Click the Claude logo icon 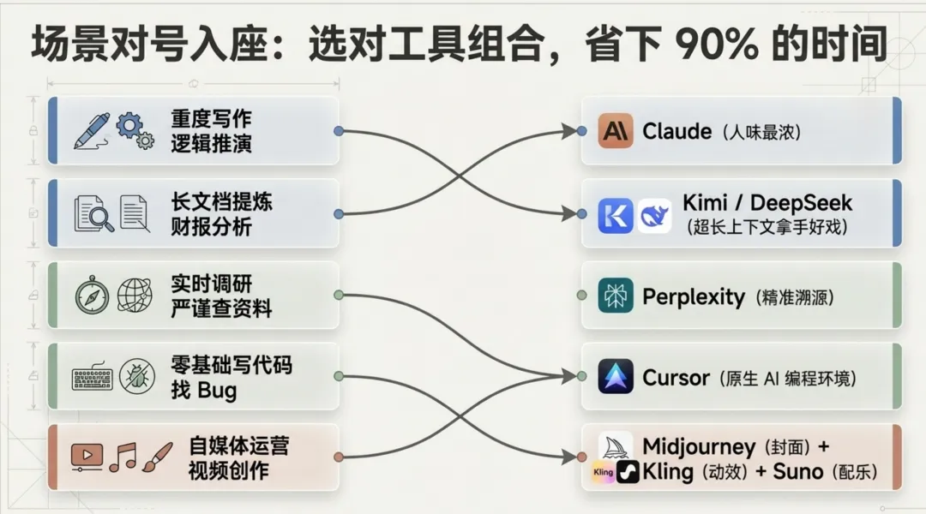point(616,131)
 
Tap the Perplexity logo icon point(616,296)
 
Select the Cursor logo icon point(616,377)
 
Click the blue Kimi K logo point(615,215)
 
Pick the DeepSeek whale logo point(654,215)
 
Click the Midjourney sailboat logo point(616,446)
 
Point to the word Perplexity point(693,296)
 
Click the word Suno point(797,470)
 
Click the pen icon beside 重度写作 point(90,129)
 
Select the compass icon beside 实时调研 point(92,295)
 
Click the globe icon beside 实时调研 point(135,295)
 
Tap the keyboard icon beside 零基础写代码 point(93,377)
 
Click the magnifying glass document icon point(93,213)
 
